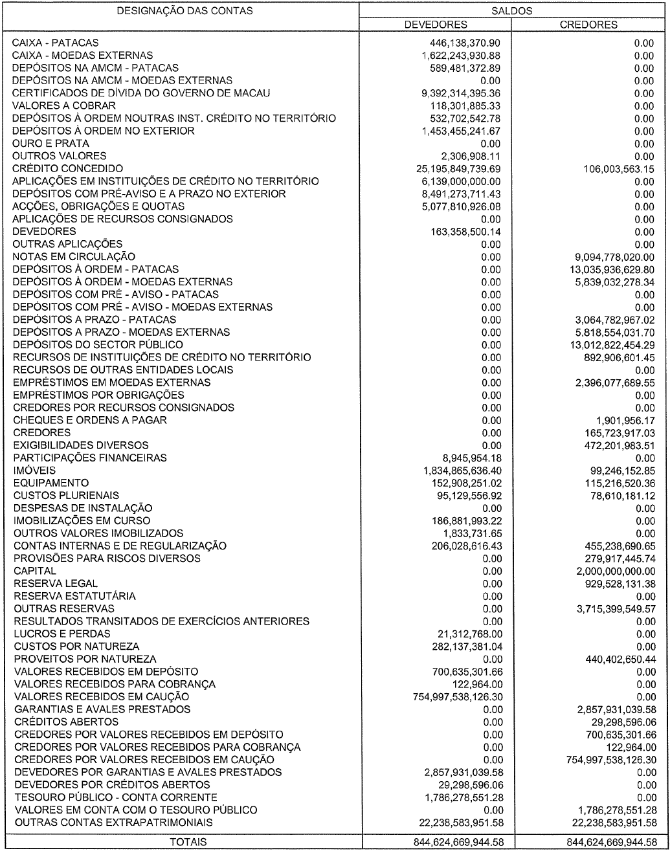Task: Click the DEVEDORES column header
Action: click(x=435, y=25)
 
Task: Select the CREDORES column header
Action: click(x=588, y=25)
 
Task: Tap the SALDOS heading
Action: click(x=511, y=11)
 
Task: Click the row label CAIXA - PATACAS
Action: click(x=51, y=43)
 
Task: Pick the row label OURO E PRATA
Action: click(x=51, y=144)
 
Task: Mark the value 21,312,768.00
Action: click(x=469, y=634)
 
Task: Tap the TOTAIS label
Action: click(x=188, y=842)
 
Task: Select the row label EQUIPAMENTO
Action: click(x=51, y=483)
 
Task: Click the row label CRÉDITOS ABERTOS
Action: click(x=66, y=722)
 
